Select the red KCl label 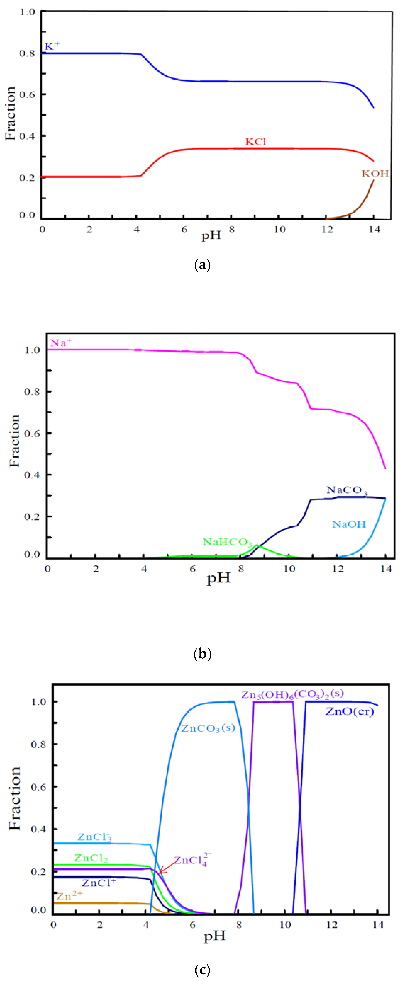click(255, 142)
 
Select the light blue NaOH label click(349, 524)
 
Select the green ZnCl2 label click(91, 858)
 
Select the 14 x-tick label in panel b click(386, 569)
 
